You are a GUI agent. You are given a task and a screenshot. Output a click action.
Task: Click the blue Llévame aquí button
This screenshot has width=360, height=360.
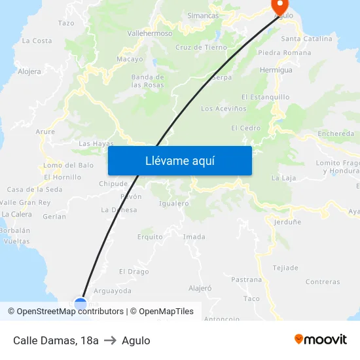pos(179,160)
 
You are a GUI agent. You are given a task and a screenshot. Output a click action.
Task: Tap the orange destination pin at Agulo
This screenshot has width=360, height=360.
pos(281,7)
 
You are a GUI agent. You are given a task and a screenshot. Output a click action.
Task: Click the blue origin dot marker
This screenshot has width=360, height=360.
pos(81,304)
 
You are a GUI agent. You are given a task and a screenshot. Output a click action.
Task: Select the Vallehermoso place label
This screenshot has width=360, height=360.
pos(149,33)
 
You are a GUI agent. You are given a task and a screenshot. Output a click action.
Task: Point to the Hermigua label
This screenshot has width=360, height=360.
pos(276,70)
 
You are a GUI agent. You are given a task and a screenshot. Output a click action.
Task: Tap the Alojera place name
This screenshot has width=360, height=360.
pos(29,71)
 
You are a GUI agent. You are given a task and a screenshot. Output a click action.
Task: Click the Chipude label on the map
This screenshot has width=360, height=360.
pos(113,184)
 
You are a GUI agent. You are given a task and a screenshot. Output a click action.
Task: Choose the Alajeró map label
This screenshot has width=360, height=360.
pos(200,287)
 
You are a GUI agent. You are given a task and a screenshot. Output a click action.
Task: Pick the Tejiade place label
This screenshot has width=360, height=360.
pos(285,268)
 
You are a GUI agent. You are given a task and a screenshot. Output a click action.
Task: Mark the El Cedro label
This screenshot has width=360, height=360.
pos(245,128)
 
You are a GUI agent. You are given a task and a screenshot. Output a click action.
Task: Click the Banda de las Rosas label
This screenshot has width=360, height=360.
pos(147,81)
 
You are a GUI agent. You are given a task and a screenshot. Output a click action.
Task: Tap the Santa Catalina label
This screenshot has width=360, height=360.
pos(306,39)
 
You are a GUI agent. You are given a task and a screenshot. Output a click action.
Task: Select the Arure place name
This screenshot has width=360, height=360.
pos(45,132)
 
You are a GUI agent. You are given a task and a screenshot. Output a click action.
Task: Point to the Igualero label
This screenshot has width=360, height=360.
pos(173,204)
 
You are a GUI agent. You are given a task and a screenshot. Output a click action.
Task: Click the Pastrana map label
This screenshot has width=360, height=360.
pos(246,279)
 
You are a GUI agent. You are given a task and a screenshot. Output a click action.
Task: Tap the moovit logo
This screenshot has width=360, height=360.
pos(321,340)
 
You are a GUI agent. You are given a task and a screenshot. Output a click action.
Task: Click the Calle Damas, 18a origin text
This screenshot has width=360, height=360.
pos(56,340)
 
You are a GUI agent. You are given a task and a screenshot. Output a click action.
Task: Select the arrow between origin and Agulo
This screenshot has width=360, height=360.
pos(110,340)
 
